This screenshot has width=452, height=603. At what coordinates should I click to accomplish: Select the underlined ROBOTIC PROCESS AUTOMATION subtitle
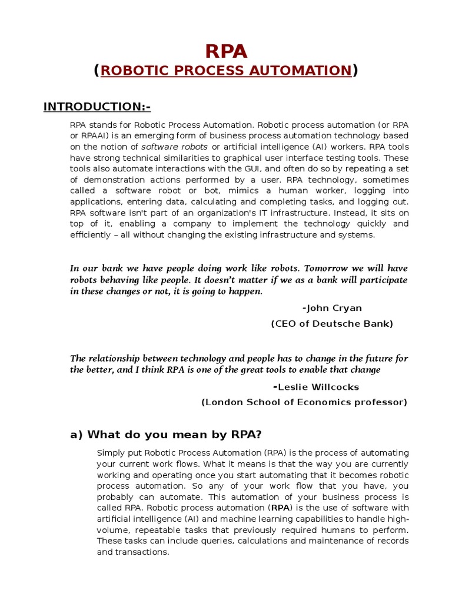(226, 71)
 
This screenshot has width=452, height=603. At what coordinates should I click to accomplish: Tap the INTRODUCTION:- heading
(97, 107)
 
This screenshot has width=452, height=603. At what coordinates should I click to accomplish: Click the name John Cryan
(334, 308)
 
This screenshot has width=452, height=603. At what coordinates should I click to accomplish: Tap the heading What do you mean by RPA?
(165, 435)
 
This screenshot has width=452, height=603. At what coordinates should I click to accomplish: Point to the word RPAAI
(93, 136)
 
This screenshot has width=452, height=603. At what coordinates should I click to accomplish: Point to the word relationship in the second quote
(117, 358)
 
